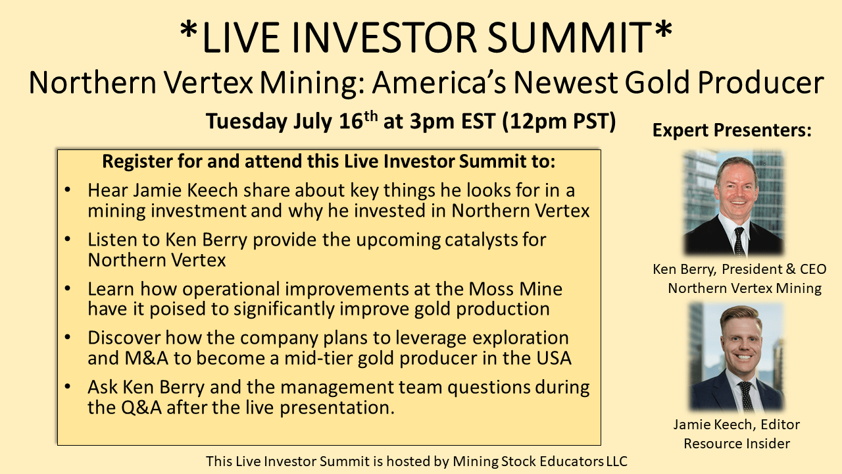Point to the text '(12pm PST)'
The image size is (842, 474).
(559, 121)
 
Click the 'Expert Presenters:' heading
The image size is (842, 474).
(732, 130)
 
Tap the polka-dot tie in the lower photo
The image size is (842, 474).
(745, 396)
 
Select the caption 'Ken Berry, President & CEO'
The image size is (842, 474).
(739, 269)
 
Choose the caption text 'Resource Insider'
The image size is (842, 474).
(737, 444)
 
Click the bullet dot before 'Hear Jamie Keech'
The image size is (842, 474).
(68, 190)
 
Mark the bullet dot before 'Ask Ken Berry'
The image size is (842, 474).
(68, 386)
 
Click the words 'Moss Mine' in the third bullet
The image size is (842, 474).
(515, 289)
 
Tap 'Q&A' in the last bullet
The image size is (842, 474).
(141, 408)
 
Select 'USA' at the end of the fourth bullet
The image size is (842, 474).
(554, 357)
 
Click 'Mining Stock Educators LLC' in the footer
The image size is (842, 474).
(540, 461)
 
